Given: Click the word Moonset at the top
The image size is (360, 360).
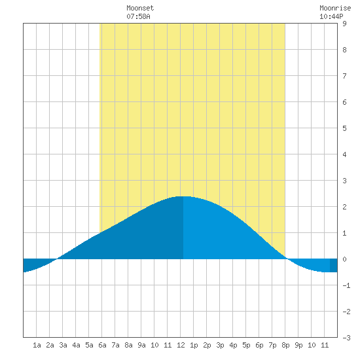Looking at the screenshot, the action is [x=140, y=8].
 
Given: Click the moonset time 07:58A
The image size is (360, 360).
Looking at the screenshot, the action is [x=138, y=16].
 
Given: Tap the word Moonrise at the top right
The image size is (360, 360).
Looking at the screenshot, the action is [x=335, y=8].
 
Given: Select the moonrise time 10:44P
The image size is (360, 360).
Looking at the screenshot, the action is [x=331, y=16].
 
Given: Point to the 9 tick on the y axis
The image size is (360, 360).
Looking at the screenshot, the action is [x=344, y=24].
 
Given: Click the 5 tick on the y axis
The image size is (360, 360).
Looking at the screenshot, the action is [x=344, y=128].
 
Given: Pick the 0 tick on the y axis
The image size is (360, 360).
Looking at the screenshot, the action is [x=344, y=259].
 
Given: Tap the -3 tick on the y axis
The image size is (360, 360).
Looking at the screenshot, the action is [x=346, y=338].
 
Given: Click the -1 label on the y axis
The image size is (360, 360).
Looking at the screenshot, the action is [x=346, y=285].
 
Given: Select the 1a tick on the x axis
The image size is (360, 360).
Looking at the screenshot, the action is [x=37, y=345].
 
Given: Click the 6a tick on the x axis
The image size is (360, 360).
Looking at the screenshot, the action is [x=102, y=345].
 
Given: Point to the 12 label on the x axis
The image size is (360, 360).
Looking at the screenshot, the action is [x=181, y=345].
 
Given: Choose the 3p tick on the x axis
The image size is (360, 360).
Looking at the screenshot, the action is [x=220, y=345].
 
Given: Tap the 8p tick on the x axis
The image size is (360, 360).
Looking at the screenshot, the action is [x=285, y=345].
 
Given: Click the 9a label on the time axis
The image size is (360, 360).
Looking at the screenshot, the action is [x=141, y=345].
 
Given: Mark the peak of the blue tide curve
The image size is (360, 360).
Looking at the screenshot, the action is [x=183, y=196].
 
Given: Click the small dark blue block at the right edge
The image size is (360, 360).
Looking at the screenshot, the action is [x=334, y=265].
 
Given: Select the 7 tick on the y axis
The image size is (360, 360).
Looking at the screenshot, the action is [x=344, y=76].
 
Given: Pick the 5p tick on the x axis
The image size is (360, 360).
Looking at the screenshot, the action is [x=246, y=345].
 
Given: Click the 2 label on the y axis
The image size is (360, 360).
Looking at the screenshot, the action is [x=344, y=207].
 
